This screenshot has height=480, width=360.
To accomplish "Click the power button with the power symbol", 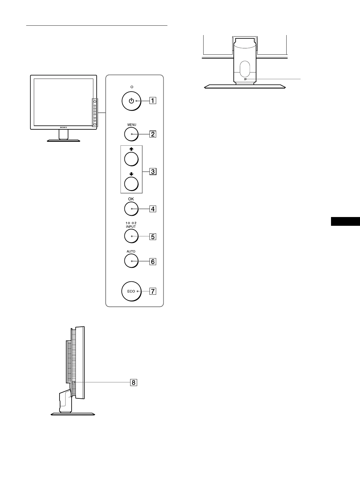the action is pyautogui.click(x=131, y=101).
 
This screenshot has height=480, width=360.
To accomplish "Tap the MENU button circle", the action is pyautogui.click(x=131, y=134).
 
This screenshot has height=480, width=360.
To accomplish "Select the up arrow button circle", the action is pyautogui.click(x=131, y=159).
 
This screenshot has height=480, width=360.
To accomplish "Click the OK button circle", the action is pyautogui.click(x=131, y=209).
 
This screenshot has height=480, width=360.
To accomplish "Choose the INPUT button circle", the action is pyautogui.click(x=131, y=236).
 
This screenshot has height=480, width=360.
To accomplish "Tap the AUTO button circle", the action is pyautogui.click(x=131, y=261).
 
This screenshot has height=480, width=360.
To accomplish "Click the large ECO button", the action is pyautogui.click(x=131, y=291).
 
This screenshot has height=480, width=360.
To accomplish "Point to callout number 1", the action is pyautogui.click(x=153, y=101).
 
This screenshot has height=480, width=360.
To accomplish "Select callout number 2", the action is pyautogui.click(x=153, y=134).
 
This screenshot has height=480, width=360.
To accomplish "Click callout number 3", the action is pyautogui.click(x=153, y=172).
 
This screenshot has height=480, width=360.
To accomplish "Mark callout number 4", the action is pyautogui.click(x=153, y=209).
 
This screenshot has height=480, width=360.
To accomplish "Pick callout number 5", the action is pyautogui.click(x=153, y=236).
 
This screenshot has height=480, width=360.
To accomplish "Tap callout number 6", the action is pyautogui.click(x=153, y=261).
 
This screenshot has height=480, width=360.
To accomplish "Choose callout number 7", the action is pyautogui.click(x=153, y=291).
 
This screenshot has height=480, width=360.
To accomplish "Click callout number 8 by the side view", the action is pyautogui.click(x=133, y=382).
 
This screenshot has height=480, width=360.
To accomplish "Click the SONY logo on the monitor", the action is pyautogui.click(x=63, y=128).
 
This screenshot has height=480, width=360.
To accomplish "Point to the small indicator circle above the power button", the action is pyautogui.click(x=131, y=87).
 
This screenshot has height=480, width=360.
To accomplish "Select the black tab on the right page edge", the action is pyautogui.click(x=345, y=221).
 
